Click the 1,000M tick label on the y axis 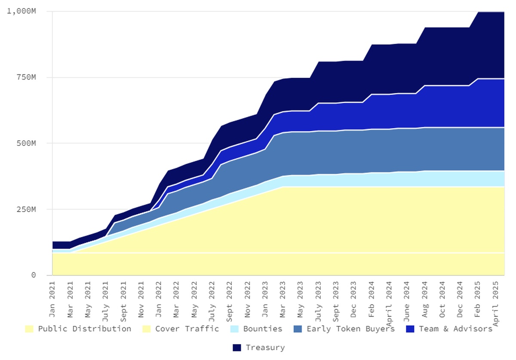click(21, 11)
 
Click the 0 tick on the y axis click(33, 275)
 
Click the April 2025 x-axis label click(496, 301)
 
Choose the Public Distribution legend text click(85, 329)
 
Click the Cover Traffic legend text click(187, 329)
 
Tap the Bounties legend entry click(263, 329)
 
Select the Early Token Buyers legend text click(350, 329)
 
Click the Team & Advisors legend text click(455, 329)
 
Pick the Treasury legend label click(265, 348)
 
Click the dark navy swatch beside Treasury click(237, 348)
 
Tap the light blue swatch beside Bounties click(234, 329)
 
